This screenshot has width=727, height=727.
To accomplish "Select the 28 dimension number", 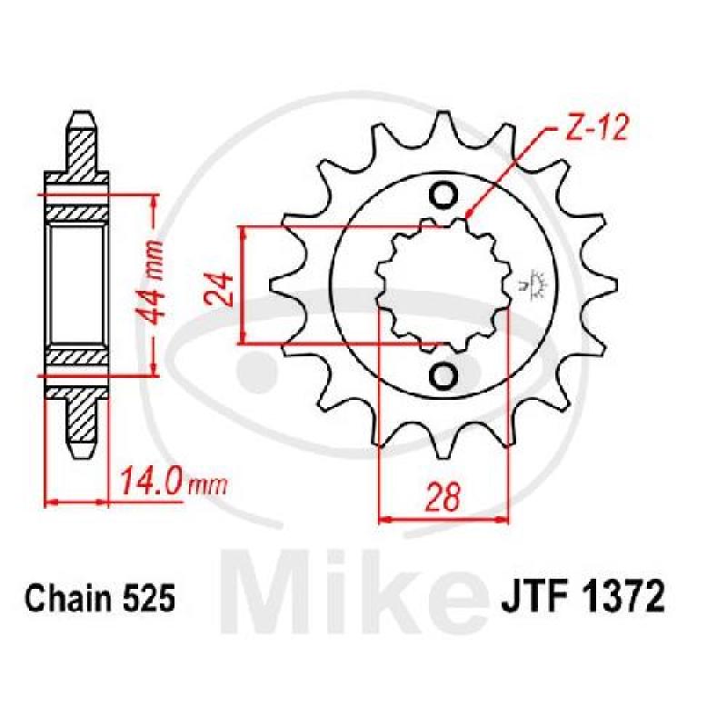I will click(443, 496).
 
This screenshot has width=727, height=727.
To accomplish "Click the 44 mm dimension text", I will click(145, 284).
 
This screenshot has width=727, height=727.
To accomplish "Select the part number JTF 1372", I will click(582, 599).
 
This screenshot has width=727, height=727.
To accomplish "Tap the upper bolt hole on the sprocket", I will click(444, 194).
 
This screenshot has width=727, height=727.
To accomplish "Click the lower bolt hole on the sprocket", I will click(444, 374).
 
